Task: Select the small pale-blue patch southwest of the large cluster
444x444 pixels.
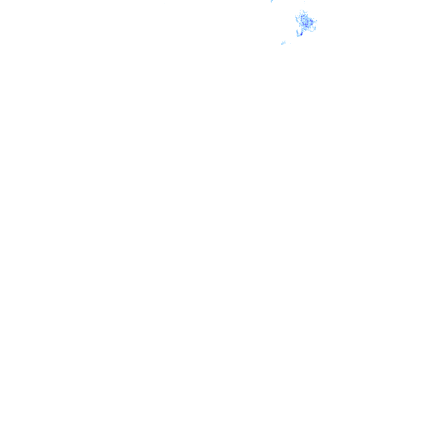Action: [283, 43]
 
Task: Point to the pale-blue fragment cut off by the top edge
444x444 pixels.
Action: [272, 1]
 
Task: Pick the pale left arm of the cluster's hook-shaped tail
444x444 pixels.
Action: [297, 33]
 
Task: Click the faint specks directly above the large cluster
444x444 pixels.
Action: [304, 2]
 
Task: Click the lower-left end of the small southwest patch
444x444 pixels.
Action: [282, 44]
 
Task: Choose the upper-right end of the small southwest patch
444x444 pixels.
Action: [284, 42]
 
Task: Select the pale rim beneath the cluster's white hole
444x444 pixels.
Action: [311, 30]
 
